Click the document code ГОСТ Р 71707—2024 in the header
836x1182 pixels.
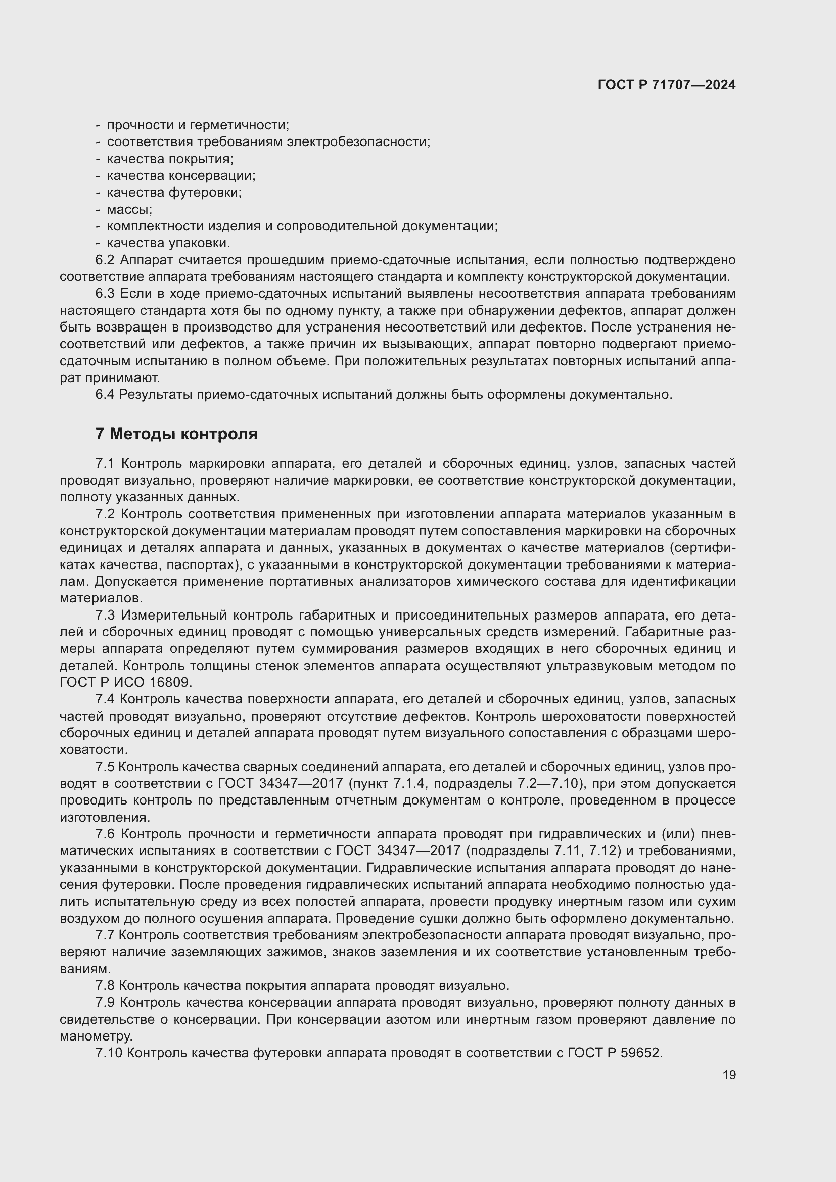(x=667, y=85)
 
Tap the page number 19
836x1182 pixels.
(x=729, y=1075)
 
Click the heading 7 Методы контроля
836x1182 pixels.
(x=176, y=434)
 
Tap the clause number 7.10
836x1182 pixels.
(x=109, y=1053)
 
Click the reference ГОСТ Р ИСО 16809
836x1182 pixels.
(x=126, y=683)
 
